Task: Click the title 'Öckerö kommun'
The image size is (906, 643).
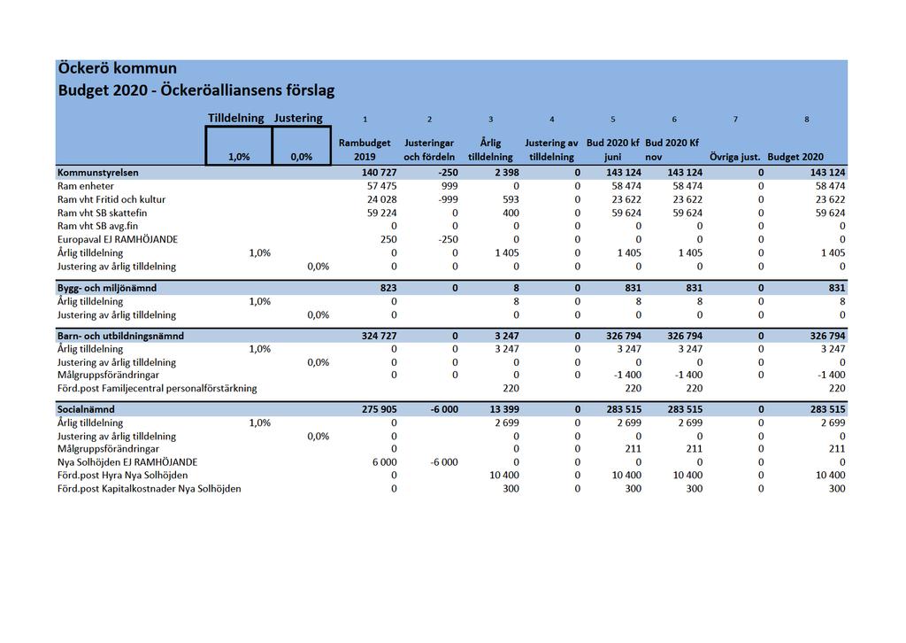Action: pos(118,68)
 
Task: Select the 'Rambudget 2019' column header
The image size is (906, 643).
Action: pos(365,150)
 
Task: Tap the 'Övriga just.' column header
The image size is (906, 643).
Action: pos(735,157)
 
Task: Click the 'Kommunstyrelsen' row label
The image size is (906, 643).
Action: pos(97,173)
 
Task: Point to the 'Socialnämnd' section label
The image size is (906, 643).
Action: pos(86,409)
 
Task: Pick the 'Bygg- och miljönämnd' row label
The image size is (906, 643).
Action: pos(107,288)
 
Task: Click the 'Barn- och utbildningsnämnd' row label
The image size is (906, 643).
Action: pos(120,336)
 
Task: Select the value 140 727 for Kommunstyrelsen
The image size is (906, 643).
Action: pos(379,173)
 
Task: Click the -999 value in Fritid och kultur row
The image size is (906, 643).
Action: pos(448,199)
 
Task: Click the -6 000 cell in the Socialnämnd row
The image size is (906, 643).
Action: pos(444,409)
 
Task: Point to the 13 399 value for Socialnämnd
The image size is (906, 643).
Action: pos(504,409)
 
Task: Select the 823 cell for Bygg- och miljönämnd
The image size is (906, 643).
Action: pos(388,288)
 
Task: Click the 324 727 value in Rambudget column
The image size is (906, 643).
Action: pos(379,336)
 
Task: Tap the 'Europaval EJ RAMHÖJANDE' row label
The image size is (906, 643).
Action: pos(118,239)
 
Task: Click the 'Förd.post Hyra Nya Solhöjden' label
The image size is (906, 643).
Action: pos(122,476)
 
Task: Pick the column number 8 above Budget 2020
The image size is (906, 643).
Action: pos(807,120)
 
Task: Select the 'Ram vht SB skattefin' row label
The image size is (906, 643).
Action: pos(103,213)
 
